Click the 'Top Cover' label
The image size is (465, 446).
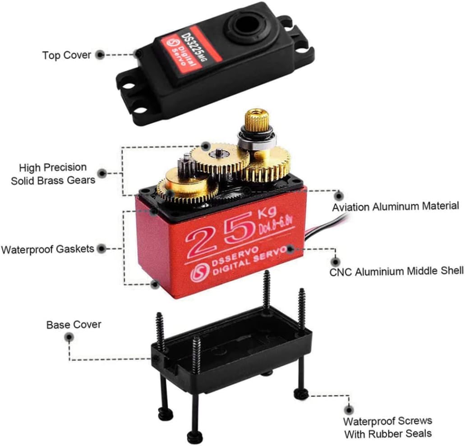click(x=67, y=55)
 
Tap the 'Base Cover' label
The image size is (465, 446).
click(x=74, y=325)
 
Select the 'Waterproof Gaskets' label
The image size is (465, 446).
click(x=48, y=248)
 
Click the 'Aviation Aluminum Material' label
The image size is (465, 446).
click(x=396, y=207)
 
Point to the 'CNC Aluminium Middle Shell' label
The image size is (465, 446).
click(x=396, y=271)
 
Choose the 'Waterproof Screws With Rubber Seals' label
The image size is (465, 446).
click(x=387, y=428)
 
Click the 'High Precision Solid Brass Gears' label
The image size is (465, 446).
click(x=53, y=174)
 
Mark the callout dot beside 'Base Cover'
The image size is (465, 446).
click(x=69, y=337)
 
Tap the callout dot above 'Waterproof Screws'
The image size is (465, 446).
click(x=348, y=409)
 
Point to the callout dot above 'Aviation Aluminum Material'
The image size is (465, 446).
click(x=338, y=196)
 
